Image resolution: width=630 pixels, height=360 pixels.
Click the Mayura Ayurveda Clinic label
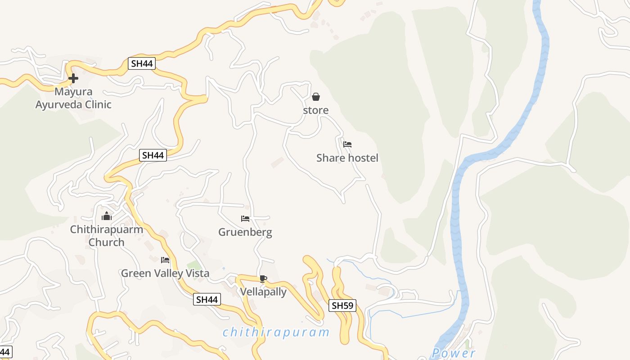pos(73,99)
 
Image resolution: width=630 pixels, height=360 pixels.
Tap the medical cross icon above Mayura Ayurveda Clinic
pos(73,78)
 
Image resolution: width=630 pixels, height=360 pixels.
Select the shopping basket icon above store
pos(316,97)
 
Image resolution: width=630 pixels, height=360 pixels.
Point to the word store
pos(316,110)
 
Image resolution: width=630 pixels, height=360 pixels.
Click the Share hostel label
pos(347,158)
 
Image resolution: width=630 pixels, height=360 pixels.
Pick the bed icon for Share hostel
pos(347,144)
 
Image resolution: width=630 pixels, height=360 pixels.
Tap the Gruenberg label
pos(245,232)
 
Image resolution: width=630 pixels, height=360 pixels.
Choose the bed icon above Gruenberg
pos(245,219)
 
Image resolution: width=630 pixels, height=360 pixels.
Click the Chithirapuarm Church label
pos(107,236)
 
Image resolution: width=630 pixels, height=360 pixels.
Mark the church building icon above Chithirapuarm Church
pos(107,216)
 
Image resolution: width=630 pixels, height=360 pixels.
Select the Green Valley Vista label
pos(165,273)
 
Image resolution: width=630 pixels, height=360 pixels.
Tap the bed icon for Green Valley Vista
pos(165,260)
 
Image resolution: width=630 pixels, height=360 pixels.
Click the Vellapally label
pos(263,292)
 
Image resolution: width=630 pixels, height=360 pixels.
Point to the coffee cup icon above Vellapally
pos(263,279)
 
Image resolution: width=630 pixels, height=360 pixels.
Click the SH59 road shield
pos(342,306)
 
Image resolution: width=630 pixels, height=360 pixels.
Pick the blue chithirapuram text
pos(276,333)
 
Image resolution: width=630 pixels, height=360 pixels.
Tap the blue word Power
pos(453,353)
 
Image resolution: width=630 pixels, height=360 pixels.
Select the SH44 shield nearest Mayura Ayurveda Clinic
pos(142,63)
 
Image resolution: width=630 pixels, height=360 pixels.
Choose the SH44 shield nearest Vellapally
pos(207,299)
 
